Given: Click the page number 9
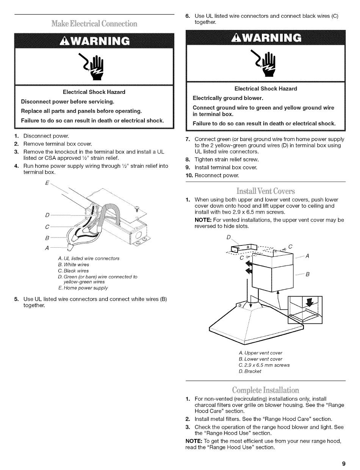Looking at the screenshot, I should (343, 463).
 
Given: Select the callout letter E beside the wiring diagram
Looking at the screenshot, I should (47, 183).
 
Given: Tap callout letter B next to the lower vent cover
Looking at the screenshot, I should (308, 275).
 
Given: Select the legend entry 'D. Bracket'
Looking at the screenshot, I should (250, 372).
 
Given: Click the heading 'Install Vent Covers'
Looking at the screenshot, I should (265, 190).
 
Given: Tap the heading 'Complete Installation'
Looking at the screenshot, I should (265, 390).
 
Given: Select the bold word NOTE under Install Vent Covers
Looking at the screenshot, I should (203, 220).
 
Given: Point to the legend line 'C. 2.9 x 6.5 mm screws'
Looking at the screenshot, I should (264, 365).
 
